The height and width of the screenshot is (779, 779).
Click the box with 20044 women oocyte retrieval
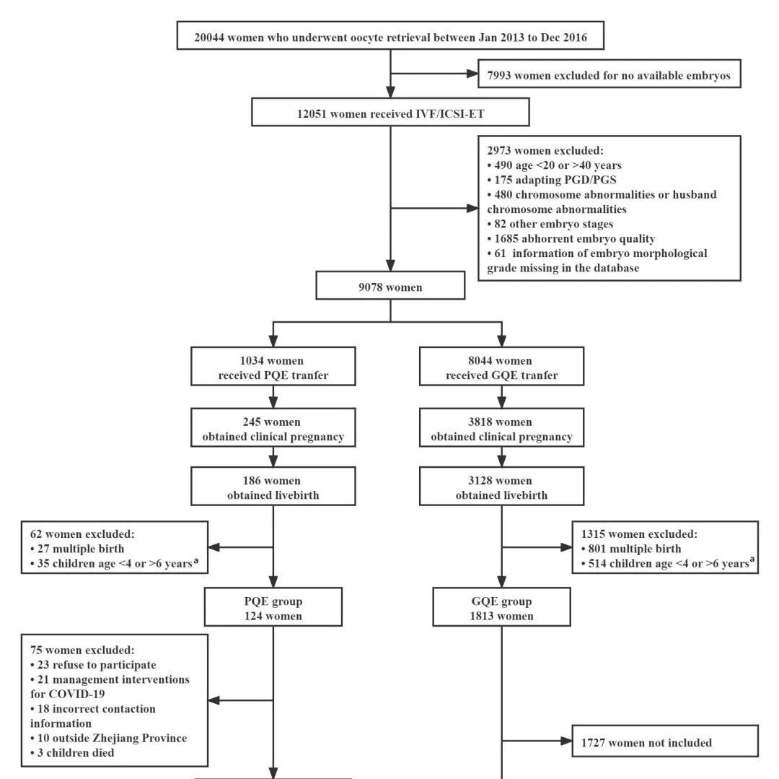click(x=390, y=35)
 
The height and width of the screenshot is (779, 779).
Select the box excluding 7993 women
click(x=609, y=74)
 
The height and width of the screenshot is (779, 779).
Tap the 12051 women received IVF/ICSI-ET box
click(x=390, y=112)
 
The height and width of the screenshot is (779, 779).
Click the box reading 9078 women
click(x=390, y=285)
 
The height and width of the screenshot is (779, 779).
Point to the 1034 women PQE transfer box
click(x=273, y=366)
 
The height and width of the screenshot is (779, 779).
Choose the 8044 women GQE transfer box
click(x=502, y=366)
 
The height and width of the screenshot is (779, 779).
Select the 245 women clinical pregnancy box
click(x=273, y=427)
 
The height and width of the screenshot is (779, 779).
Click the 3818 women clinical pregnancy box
click(x=502, y=427)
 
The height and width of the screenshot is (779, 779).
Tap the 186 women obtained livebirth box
click(x=273, y=486)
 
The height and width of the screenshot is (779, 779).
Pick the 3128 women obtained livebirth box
click(x=502, y=486)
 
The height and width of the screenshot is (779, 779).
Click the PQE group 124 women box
click(x=273, y=607)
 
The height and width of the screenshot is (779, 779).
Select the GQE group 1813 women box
click(x=502, y=607)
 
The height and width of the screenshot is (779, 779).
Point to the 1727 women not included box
click(x=665, y=741)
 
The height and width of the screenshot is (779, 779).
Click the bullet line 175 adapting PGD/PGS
click(x=552, y=180)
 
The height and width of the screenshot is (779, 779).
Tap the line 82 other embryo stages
click(x=550, y=225)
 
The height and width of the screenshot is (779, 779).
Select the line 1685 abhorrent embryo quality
click(x=571, y=239)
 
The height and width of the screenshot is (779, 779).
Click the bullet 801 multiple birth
click(x=631, y=549)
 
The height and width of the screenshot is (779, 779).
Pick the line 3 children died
click(x=72, y=753)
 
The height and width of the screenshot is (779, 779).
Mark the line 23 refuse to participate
click(x=93, y=665)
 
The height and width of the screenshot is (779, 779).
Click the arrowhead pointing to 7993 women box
click(x=472, y=74)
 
